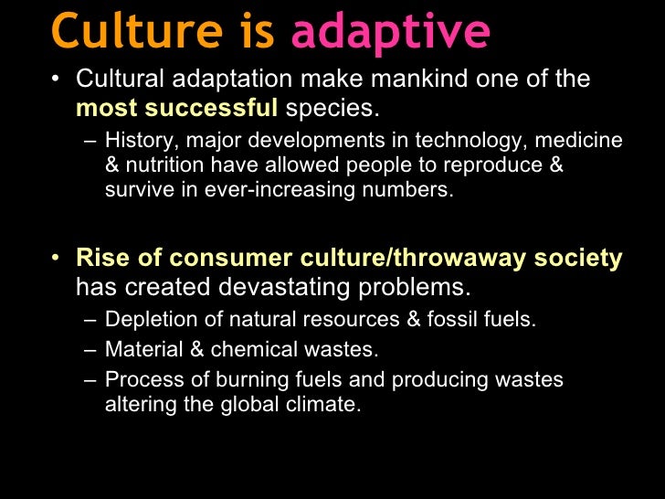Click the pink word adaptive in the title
pyautogui.click(x=390, y=31)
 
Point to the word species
pyautogui.click(x=330, y=109)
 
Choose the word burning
pyautogui.click(x=241, y=378)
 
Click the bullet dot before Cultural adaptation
pyautogui.click(x=58, y=80)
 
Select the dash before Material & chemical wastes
pyautogui.click(x=88, y=349)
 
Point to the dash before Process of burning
pyautogui.click(x=88, y=378)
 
